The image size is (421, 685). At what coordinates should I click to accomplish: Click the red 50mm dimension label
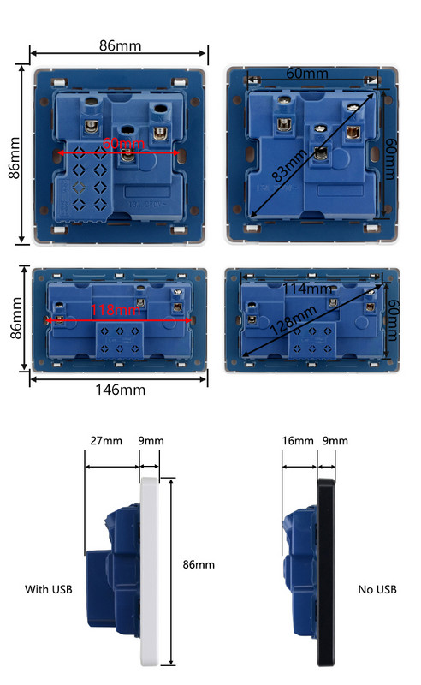[117, 144]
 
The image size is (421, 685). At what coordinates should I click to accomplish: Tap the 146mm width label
[119, 390]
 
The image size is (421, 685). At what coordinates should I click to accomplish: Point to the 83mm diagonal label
[291, 164]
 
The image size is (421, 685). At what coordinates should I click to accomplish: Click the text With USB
[47, 589]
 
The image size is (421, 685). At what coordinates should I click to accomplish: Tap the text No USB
[377, 589]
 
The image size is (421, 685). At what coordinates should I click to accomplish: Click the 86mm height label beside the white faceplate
[199, 564]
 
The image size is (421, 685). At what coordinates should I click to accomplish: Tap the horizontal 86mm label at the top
[120, 45]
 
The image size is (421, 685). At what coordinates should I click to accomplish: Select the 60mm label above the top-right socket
[306, 74]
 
